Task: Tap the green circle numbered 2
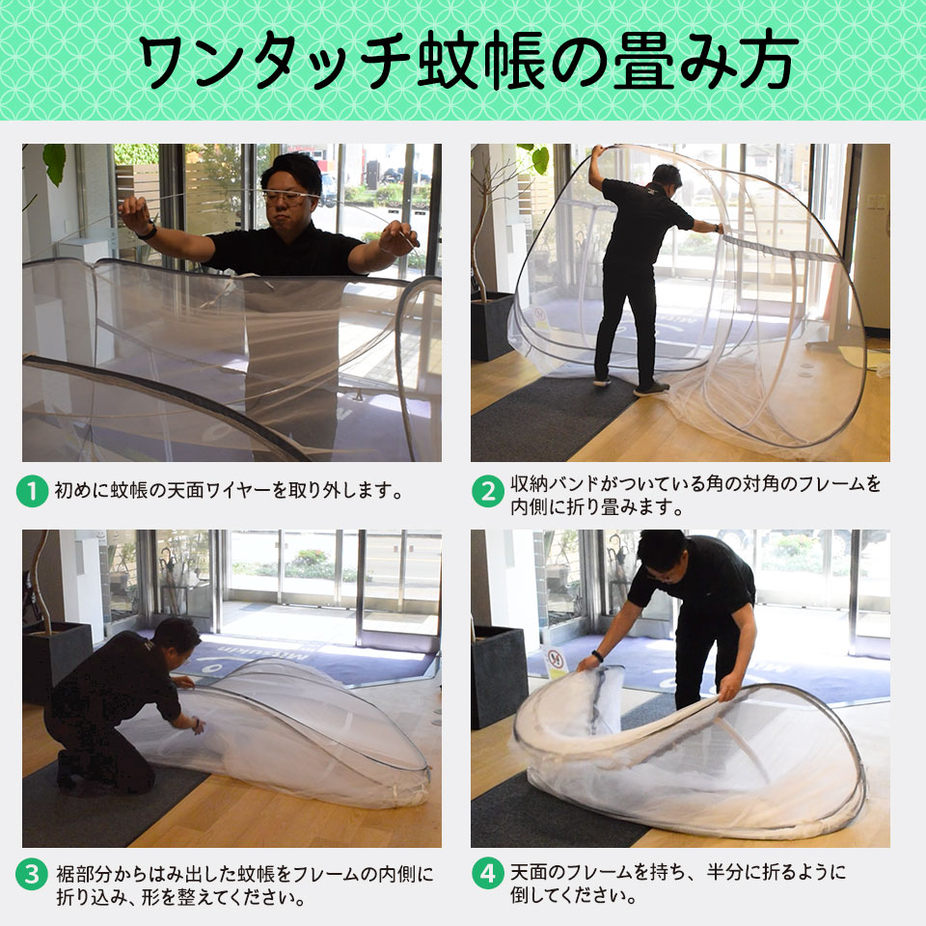click(x=487, y=492)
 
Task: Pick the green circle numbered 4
click(x=487, y=875)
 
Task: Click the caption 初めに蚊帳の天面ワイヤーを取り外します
click(x=228, y=491)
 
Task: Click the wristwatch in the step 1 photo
click(x=148, y=231)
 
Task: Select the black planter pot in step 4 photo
click(x=499, y=675)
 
